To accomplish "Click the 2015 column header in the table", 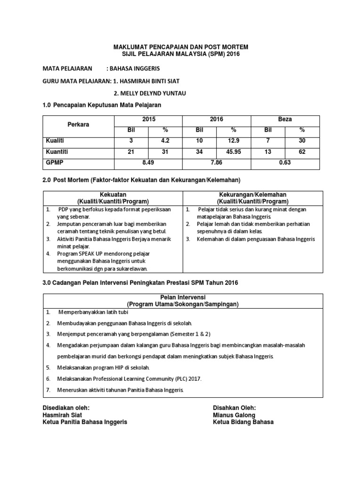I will pyautogui.click(x=148, y=120).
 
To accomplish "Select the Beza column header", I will pyautogui.click(x=285, y=120).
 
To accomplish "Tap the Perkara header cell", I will pyautogui.click(x=78, y=124).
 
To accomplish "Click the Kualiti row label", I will pyautogui.click(x=55, y=140).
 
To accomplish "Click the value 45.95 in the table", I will pyautogui.click(x=233, y=152).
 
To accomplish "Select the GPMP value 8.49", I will pyautogui.click(x=148, y=163).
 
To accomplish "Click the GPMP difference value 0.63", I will pyautogui.click(x=285, y=163).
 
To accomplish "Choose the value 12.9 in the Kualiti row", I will pyautogui.click(x=233, y=140).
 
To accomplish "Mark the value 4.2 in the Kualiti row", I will pyautogui.click(x=165, y=140).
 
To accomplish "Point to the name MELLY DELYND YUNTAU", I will pyautogui.click(x=150, y=93).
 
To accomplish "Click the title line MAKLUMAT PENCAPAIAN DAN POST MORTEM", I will pyautogui.click(x=181, y=48).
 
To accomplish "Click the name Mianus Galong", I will pyautogui.click(x=234, y=415).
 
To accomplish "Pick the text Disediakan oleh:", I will pyautogui.click(x=66, y=408).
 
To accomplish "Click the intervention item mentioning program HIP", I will pyautogui.click(x=97, y=367).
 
